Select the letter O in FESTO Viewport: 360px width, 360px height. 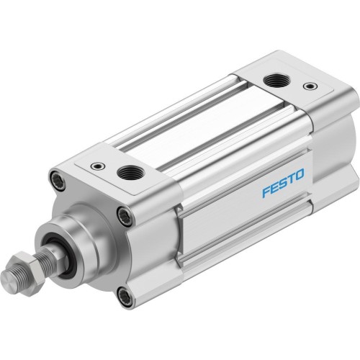point(300,172)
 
